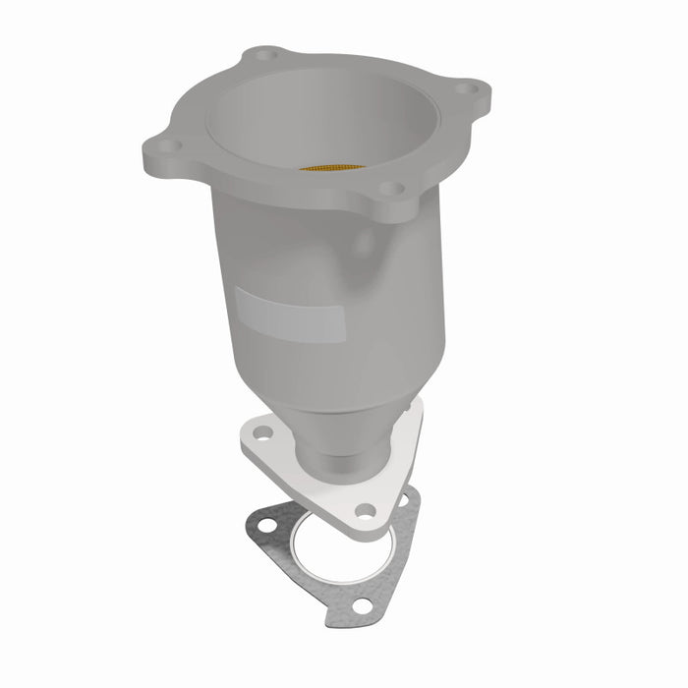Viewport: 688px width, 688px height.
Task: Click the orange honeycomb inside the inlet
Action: pyautogui.click(x=332, y=167)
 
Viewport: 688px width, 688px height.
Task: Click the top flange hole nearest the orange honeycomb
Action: pyautogui.click(x=390, y=187)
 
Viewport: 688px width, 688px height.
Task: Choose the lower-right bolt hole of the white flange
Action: pyautogui.click(x=365, y=509)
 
